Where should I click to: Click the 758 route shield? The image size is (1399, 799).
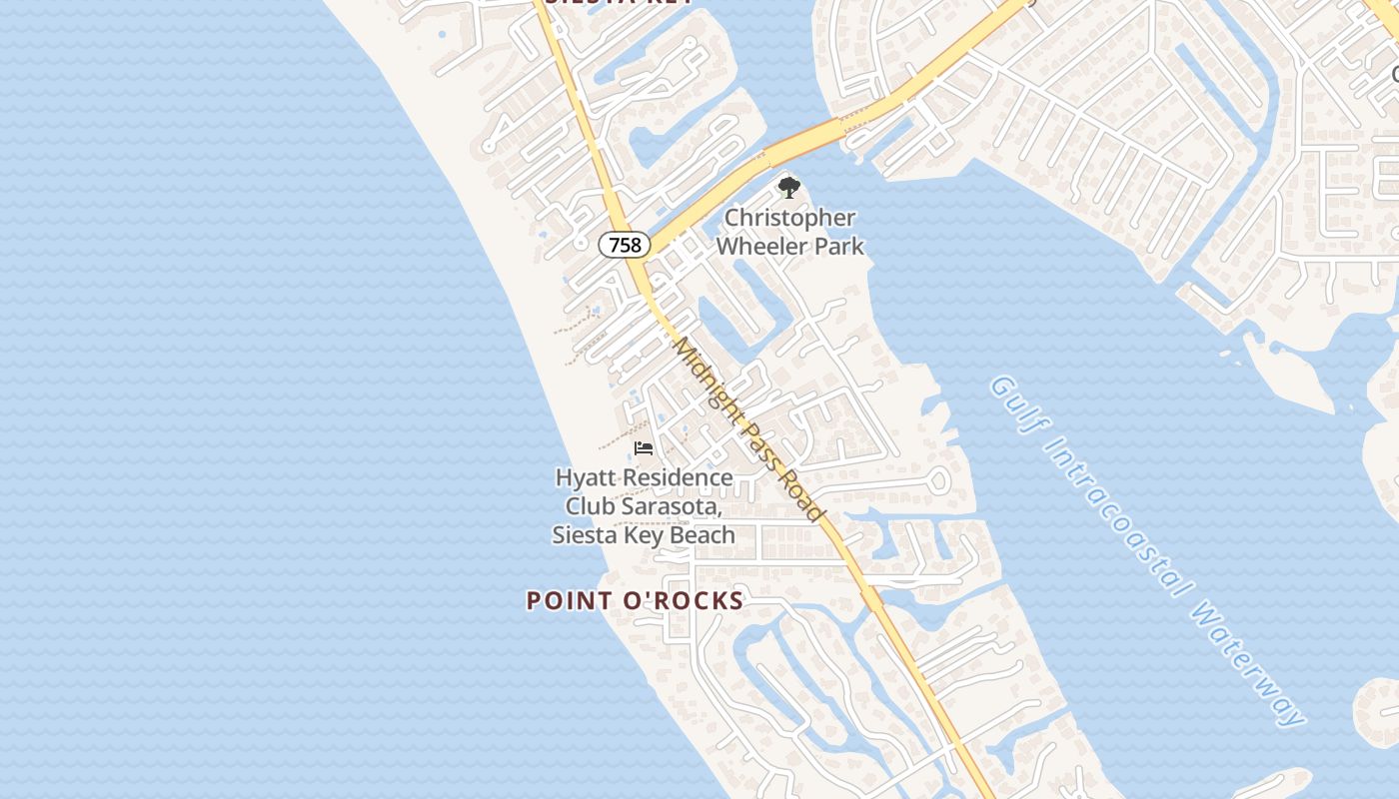pos(625,244)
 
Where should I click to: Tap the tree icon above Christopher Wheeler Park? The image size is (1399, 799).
pos(789,187)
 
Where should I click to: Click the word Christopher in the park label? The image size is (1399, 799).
pos(790,218)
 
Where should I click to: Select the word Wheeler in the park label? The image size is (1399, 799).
pos(760,246)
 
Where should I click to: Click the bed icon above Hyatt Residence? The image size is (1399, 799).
pos(644,448)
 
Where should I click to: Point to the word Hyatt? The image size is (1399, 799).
pos(584,478)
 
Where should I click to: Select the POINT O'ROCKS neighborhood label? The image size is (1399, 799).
pos(636,600)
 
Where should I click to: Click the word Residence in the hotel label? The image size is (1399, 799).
pos(674,478)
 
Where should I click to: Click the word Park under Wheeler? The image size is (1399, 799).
pos(838,246)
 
